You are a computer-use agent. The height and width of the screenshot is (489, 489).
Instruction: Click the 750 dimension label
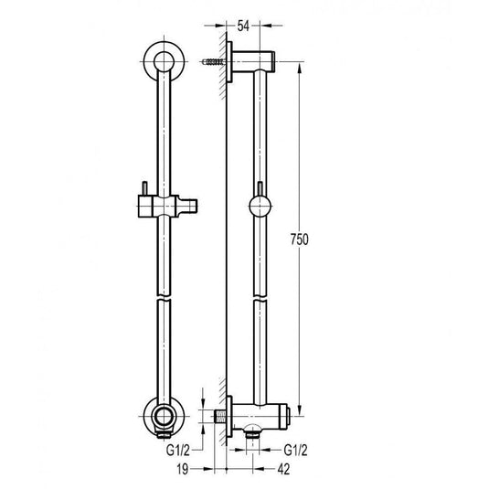299,239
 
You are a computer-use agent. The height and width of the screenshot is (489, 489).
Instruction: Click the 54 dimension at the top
243,26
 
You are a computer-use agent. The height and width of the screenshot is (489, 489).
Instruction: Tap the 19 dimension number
183,469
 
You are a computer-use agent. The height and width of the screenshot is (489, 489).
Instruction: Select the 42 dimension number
283,469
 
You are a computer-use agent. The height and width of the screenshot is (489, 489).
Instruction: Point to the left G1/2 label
177,450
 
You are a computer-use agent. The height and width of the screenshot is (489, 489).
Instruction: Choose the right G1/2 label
295,450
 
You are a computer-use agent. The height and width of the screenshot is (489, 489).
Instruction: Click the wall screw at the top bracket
213,62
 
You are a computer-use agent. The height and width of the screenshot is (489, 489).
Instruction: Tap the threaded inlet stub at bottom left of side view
220,417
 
